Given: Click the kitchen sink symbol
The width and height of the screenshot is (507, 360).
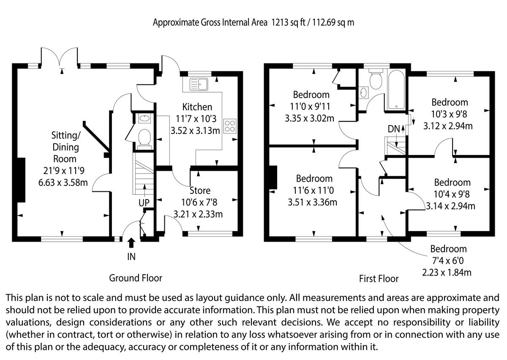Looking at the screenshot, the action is point(199,84).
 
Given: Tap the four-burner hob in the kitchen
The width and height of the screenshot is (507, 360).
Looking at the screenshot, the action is point(230,126).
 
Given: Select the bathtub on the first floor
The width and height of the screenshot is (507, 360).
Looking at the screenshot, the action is point(396,90).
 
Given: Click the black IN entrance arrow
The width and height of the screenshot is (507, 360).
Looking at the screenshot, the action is point(131,243).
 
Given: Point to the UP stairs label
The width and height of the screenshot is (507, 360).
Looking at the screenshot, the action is point(144,203).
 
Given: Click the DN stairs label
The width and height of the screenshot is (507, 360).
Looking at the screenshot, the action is point(394,129).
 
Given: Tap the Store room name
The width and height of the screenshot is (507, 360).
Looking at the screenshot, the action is point(199,191).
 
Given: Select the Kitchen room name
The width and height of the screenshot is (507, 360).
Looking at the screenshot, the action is point(197,107).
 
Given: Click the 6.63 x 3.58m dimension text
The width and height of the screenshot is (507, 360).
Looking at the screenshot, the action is point(63,183).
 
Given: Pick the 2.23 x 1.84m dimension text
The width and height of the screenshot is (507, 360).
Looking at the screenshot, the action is point(447,272).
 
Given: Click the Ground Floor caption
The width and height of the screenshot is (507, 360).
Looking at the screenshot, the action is point(136,278).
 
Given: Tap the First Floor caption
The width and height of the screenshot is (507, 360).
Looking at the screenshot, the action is point(379,278).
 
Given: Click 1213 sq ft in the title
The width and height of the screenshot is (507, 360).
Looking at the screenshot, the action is point(288,23).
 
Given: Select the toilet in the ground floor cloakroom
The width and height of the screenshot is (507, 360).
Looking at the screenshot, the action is point(144,138).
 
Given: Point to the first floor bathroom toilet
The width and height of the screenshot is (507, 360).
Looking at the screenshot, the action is point(376,79).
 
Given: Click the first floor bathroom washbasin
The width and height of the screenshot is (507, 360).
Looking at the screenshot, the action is point(363,93).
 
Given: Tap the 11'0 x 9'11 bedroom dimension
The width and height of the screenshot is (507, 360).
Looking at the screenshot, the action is point(310,106).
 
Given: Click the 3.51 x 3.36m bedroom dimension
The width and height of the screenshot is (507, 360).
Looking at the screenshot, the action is point(312,202).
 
